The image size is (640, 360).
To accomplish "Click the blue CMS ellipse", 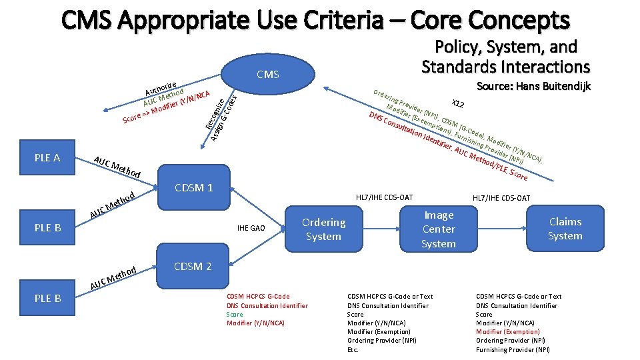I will pos(268,75).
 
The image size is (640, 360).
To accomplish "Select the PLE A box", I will pos(47,158).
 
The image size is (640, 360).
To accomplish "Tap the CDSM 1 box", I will pos(193,187).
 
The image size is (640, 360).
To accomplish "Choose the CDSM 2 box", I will pos(193,267).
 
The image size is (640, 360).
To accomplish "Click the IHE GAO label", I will pos(251,229).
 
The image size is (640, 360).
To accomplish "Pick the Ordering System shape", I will pos(323,229).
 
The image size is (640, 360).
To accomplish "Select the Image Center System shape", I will pos(438,229).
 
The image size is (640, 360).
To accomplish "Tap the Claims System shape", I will pos(565,229).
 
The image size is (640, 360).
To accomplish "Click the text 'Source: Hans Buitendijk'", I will pos(533,86).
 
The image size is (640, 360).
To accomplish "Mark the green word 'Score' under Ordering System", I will pos(235,314).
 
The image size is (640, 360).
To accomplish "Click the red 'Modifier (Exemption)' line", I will pos(507,331).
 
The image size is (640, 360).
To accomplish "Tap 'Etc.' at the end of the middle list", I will pos(353,349).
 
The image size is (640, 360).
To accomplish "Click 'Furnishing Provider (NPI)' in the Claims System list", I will pos(513,349).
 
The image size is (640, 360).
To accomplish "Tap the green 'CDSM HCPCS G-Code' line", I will pos(258,297).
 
